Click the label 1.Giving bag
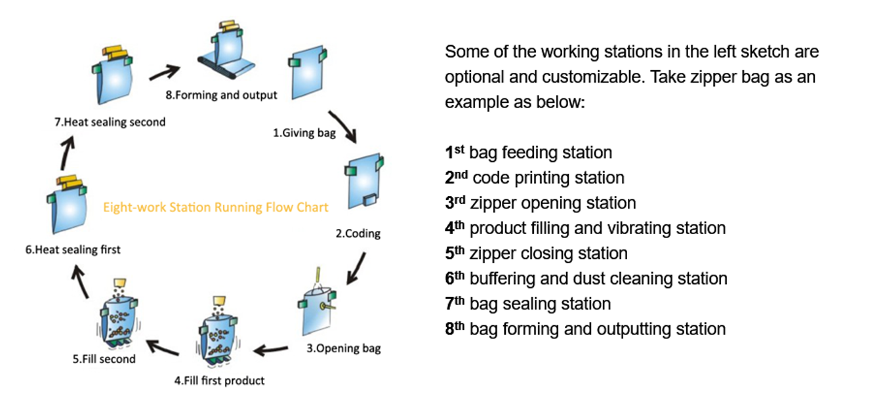coord(304,133)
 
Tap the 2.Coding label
coord(358,233)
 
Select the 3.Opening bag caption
coord(344,348)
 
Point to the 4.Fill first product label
coord(220,381)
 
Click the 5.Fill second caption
coord(104,359)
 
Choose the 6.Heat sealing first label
coord(73,250)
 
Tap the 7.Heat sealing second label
coord(110,122)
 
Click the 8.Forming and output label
coord(221,95)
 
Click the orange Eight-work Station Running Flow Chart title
coord(216,207)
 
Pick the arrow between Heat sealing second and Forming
coord(165,73)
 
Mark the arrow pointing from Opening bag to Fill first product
coord(270,350)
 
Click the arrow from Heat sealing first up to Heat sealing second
coord(67,153)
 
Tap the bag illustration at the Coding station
coord(364,181)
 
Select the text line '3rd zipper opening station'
coord(541,203)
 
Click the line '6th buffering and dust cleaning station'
coord(586,279)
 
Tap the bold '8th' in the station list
coord(455,329)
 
